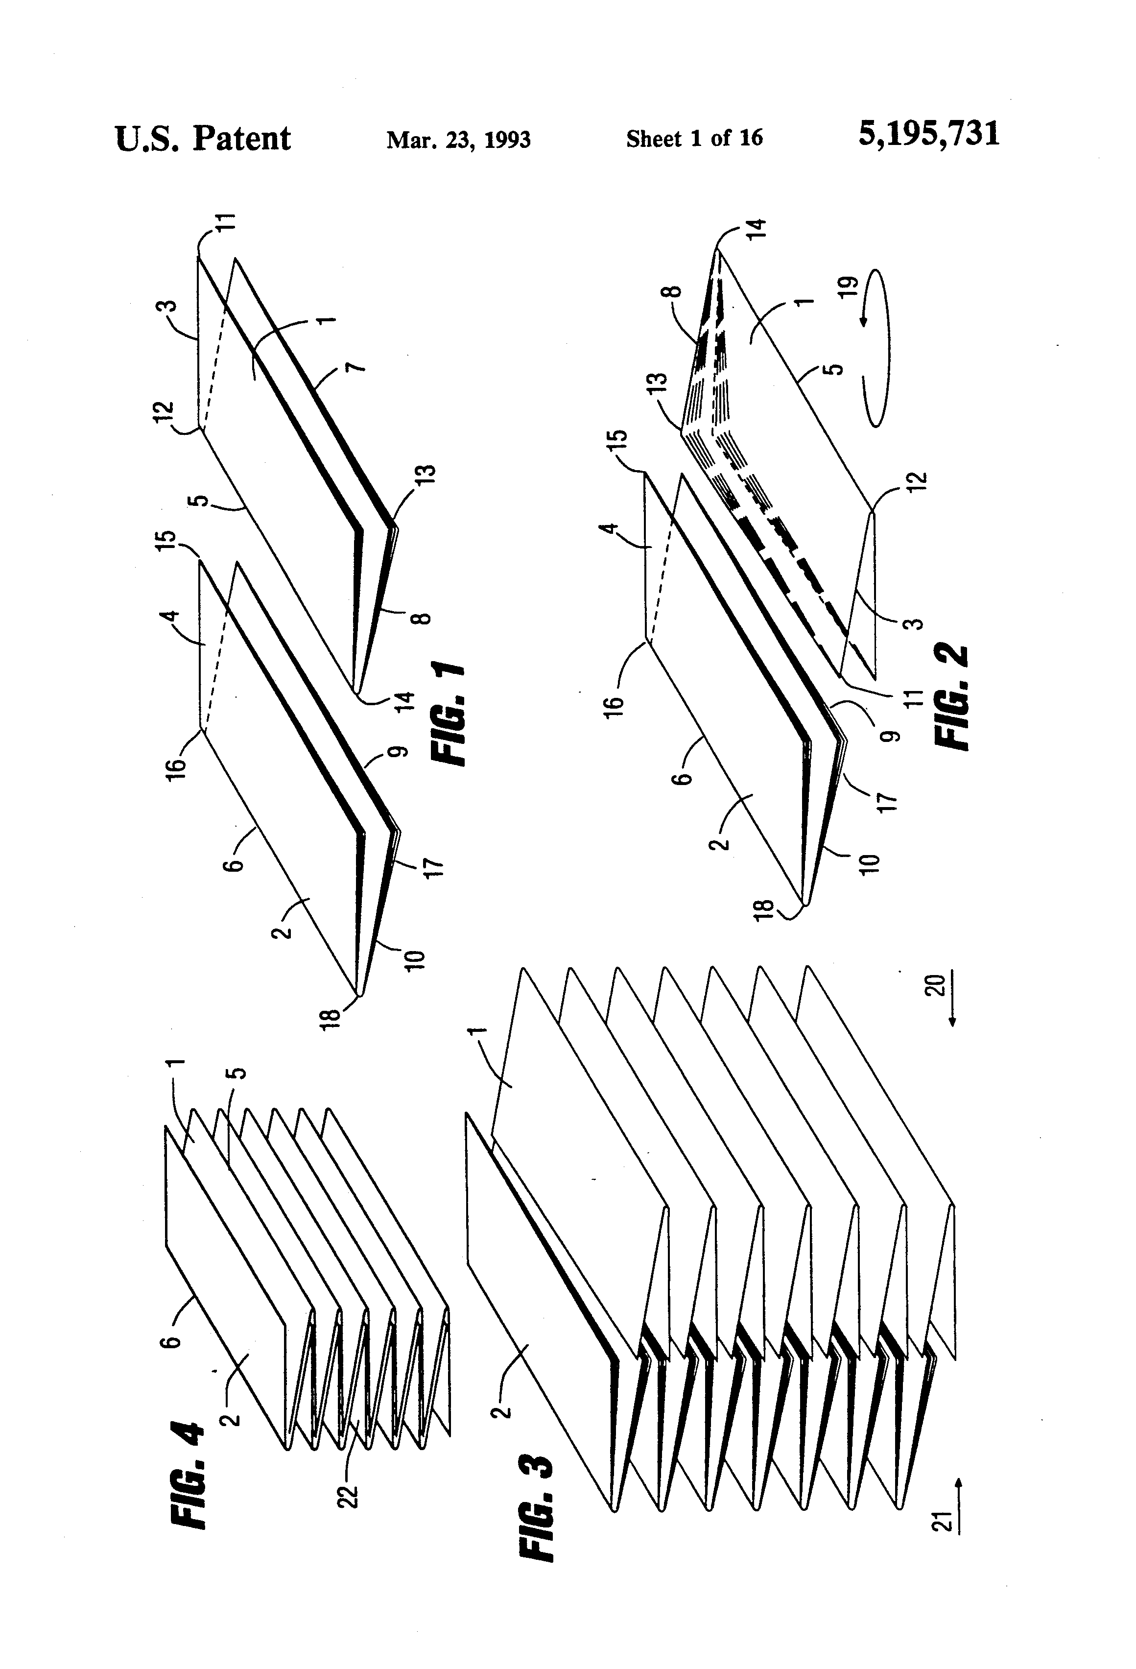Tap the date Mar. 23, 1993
458,139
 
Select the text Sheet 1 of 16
694,138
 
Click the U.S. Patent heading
203,138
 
